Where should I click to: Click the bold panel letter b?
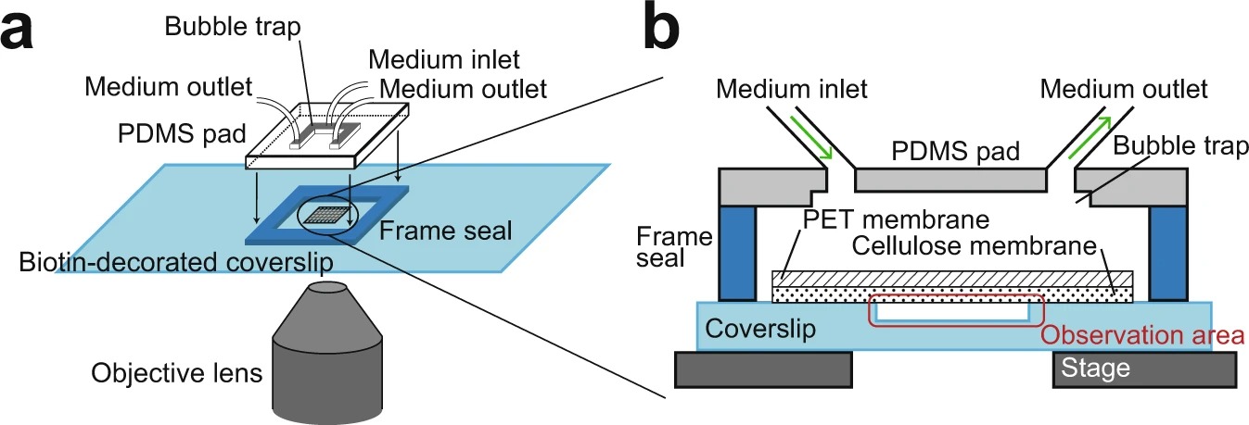661,25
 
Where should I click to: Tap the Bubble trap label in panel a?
233,27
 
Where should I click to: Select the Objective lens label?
177,372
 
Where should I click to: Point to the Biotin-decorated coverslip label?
176,262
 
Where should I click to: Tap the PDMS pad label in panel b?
955,151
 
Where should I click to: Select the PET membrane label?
896,219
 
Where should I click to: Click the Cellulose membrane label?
975,245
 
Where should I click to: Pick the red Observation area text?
1143,335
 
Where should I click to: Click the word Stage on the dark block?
1096,369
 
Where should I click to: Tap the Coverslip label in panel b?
760,329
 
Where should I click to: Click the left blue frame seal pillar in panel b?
738,254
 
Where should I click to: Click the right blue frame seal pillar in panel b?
1168,254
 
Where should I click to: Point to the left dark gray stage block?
763,369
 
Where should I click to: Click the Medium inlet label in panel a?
444,59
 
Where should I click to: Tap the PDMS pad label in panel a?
182,133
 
